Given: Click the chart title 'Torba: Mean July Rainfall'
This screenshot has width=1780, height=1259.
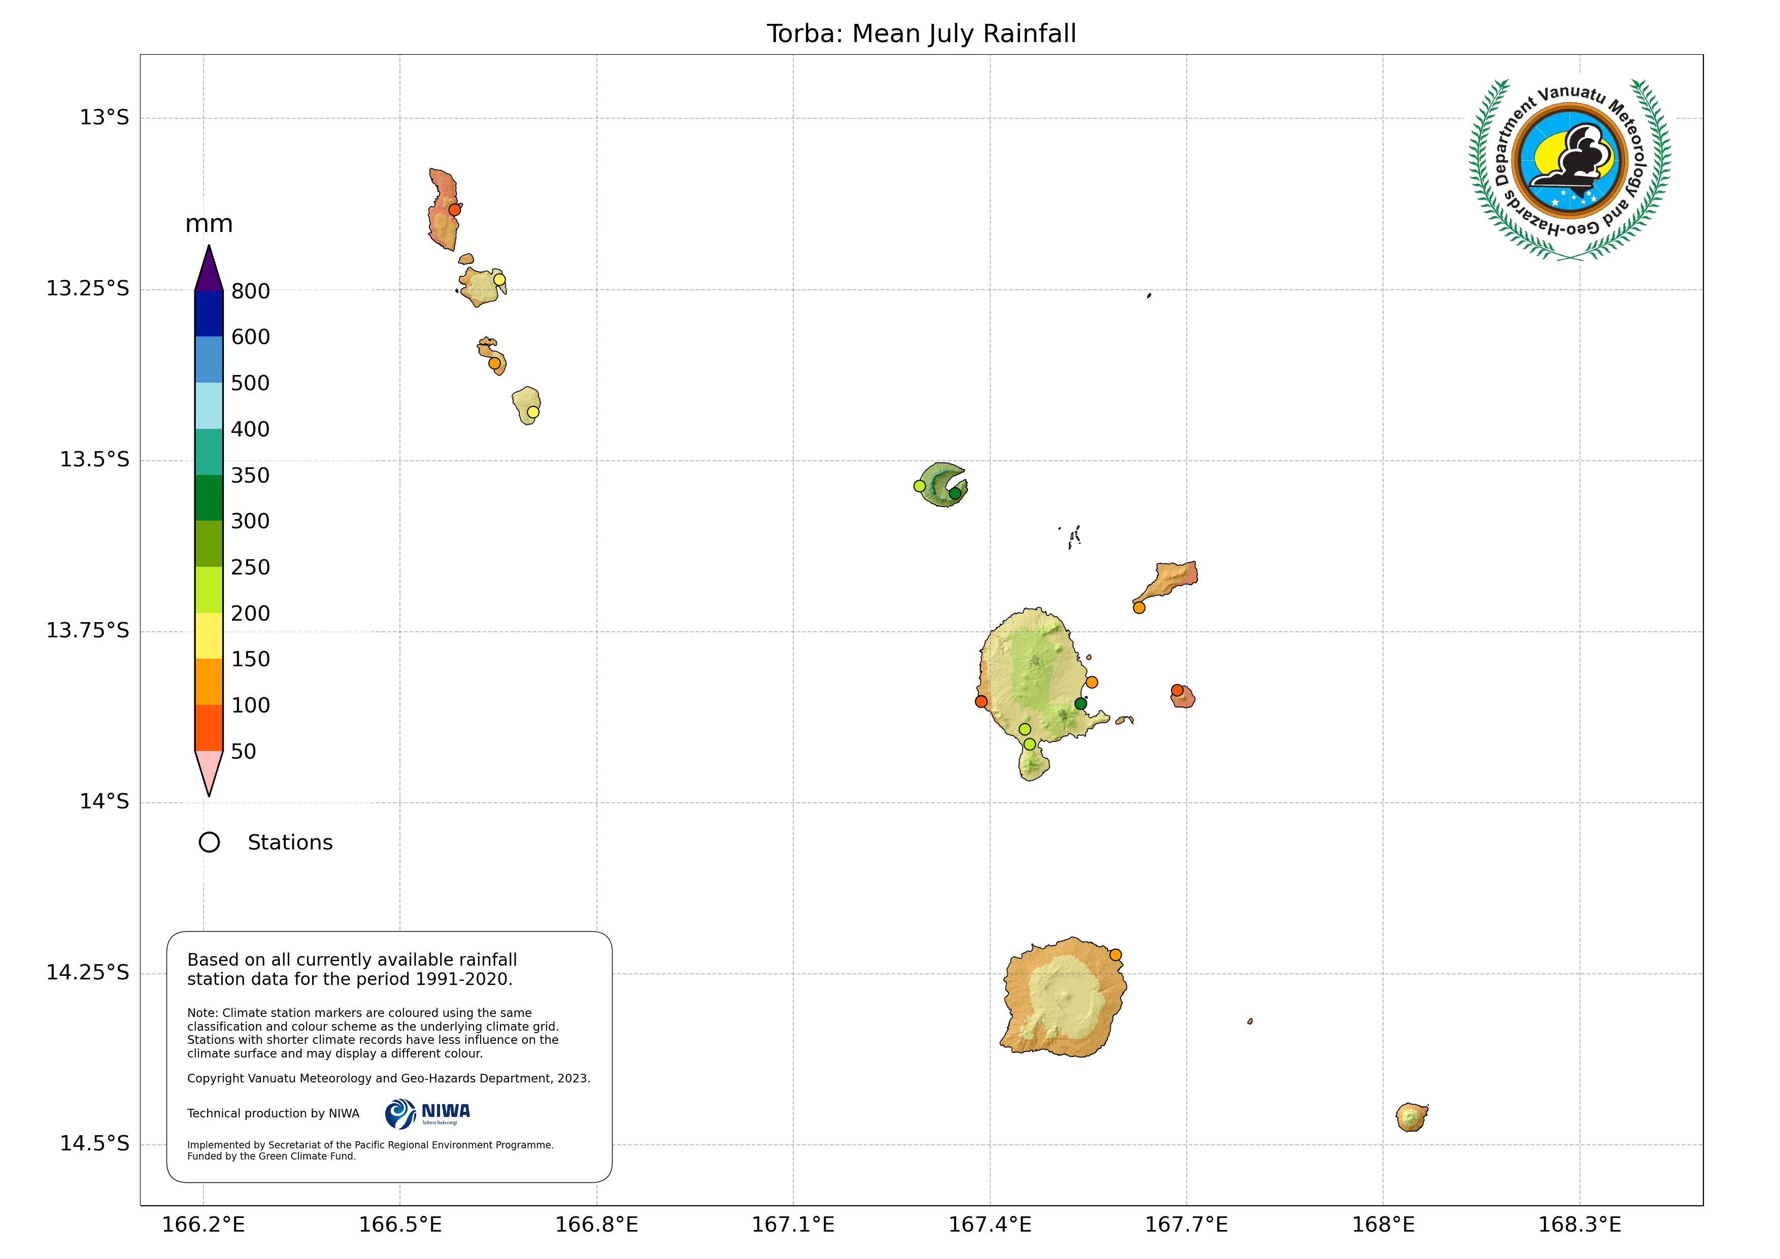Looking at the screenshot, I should pyautogui.click(x=921, y=34).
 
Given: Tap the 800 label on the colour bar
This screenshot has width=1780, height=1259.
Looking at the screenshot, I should pyautogui.click(x=250, y=291).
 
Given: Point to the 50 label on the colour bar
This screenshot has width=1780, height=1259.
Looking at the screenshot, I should pyautogui.click(x=244, y=751).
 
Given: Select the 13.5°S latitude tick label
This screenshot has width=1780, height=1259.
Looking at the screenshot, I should pyautogui.click(x=94, y=460).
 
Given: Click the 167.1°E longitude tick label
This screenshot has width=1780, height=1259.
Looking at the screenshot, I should pyautogui.click(x=792, y=1225).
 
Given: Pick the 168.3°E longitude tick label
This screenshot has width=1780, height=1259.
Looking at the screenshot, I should pyautogui.click(x=1579, y=1225).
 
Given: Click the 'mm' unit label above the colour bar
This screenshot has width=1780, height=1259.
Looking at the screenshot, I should pyautogui.click(x=209, y=224).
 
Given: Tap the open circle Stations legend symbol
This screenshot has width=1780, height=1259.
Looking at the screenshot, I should pyautogui.click(x=209, y=843).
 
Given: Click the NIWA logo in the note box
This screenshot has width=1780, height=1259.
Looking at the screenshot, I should pyautogui.click(x=427, y=1114).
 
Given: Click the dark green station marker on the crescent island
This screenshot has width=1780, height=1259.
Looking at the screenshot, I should pyautogui.click(x=955, y=493).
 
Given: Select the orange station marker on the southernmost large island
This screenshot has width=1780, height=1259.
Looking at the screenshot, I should pyautogui.click(x=1115, y=955).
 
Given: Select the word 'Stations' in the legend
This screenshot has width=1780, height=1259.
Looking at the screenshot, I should pyautogui.click(x=290, y=843).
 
